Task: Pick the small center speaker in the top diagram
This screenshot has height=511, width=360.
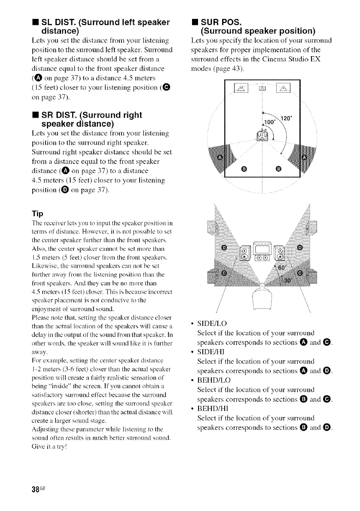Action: pyautogui.click(x=262, y=100)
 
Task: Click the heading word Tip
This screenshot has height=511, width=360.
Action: pyautogui.click(x=37, y=213)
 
